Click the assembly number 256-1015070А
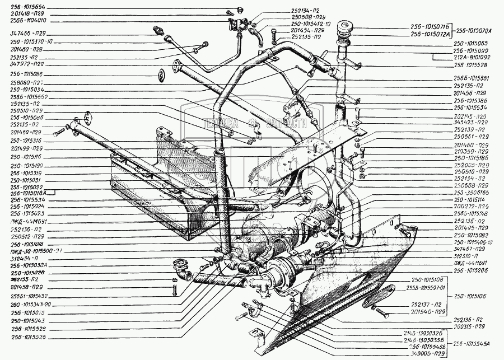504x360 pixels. click(479, 30)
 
